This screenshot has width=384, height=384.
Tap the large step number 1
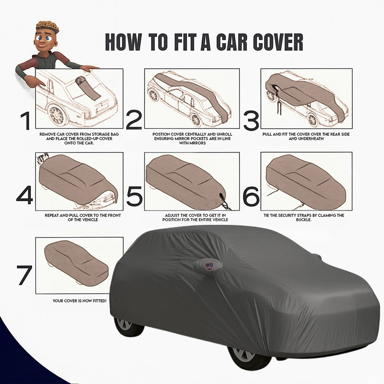pos(25,121)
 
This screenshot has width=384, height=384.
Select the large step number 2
pos(134,120)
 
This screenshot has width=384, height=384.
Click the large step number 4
pos(25,195)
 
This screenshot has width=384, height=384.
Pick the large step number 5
pos(134,196)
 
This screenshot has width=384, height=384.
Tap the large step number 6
pos(251,196)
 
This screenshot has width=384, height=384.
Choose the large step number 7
pos(25,275)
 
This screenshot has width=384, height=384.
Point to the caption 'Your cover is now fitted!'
pos(79,301)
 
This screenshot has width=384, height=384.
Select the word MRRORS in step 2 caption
pos(197,143)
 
